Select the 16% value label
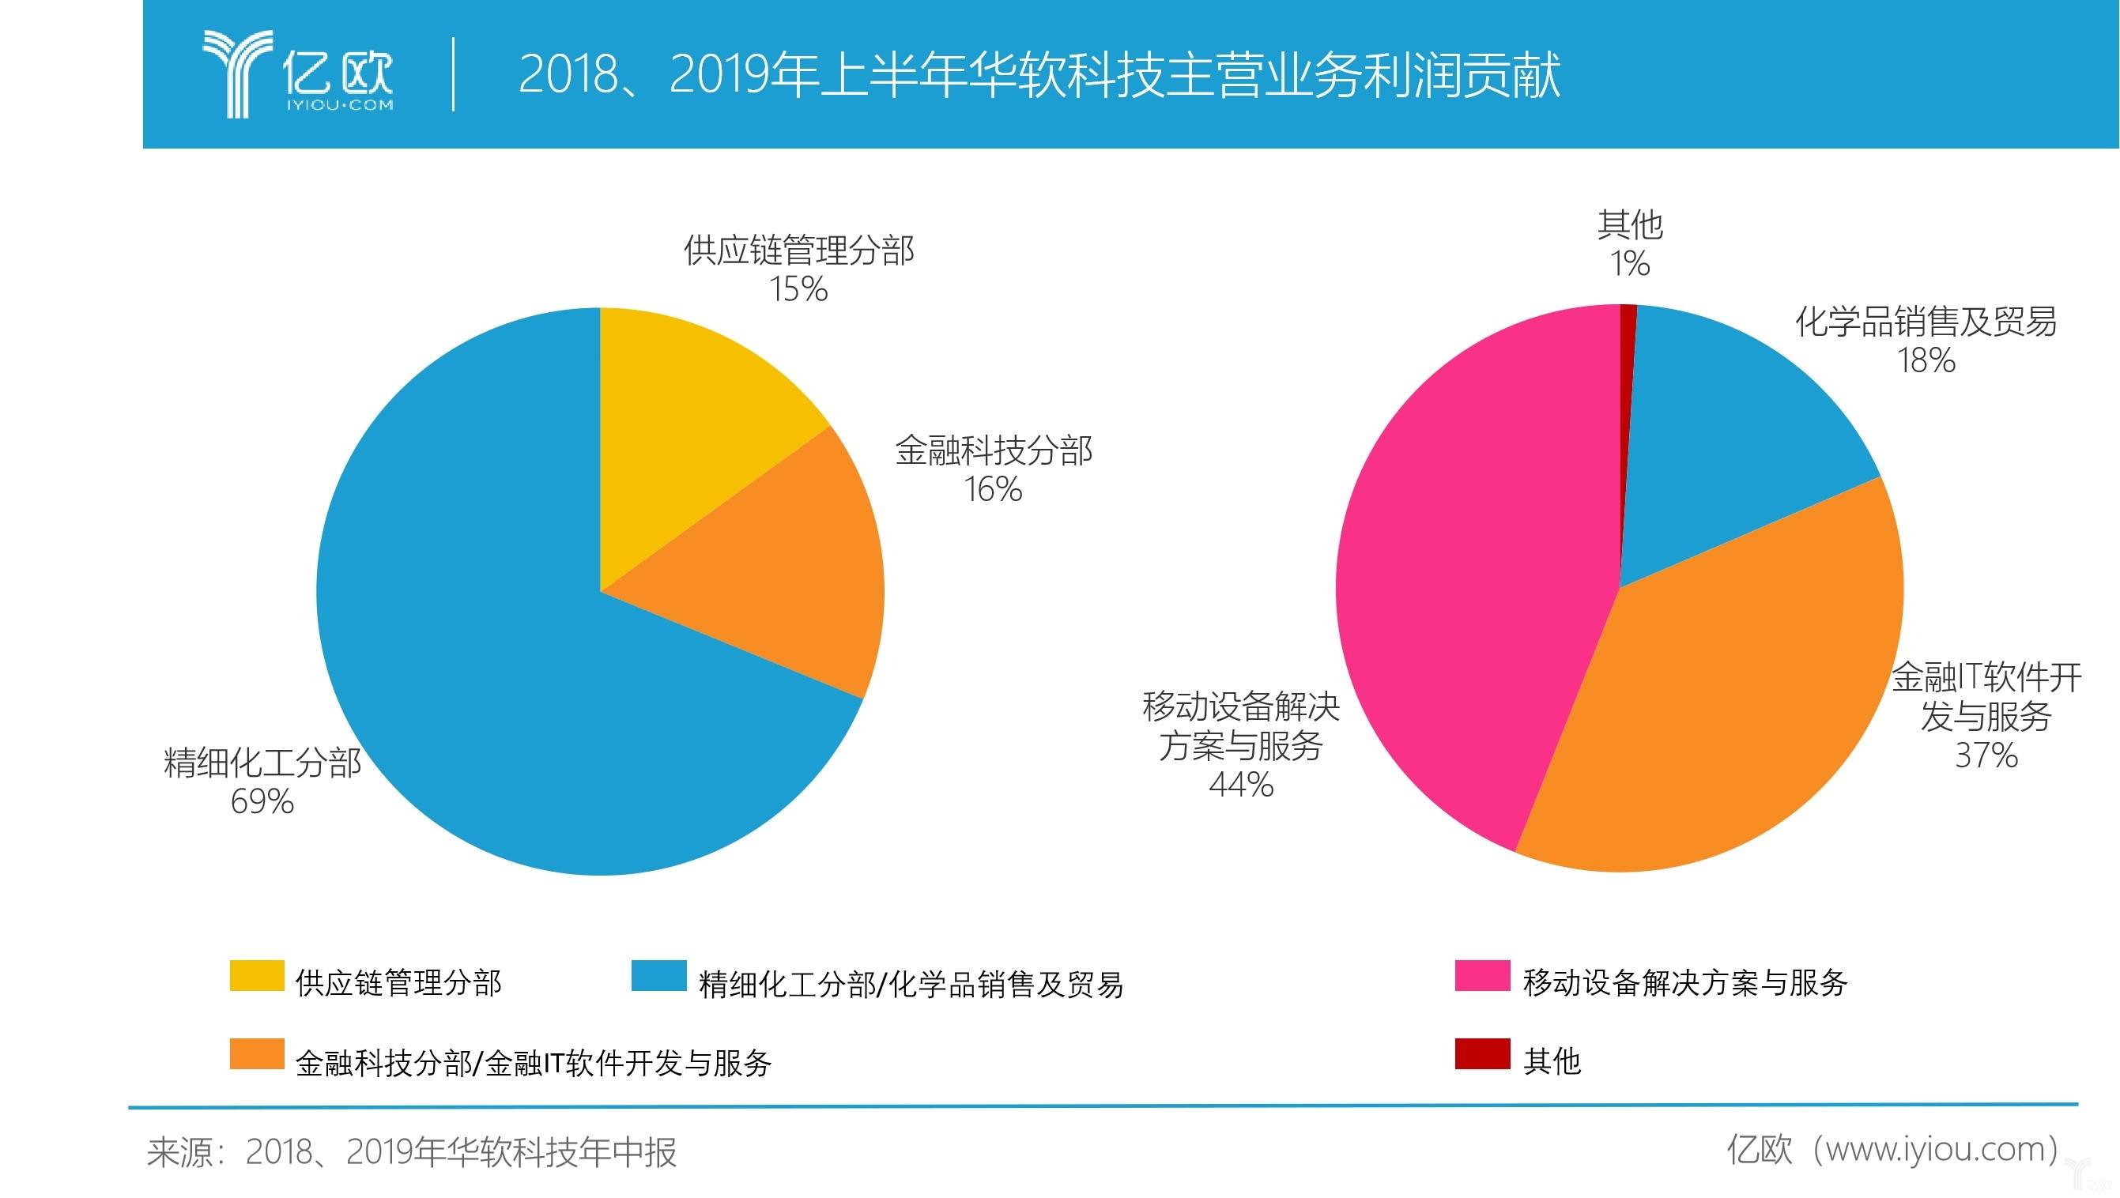994,491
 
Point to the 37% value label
1986,755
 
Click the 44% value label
1241,785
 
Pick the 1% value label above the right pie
1629,264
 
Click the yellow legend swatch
257,976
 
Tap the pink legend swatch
1482,976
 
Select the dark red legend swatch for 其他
1482,1054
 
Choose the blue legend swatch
658,976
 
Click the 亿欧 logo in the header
298,74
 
